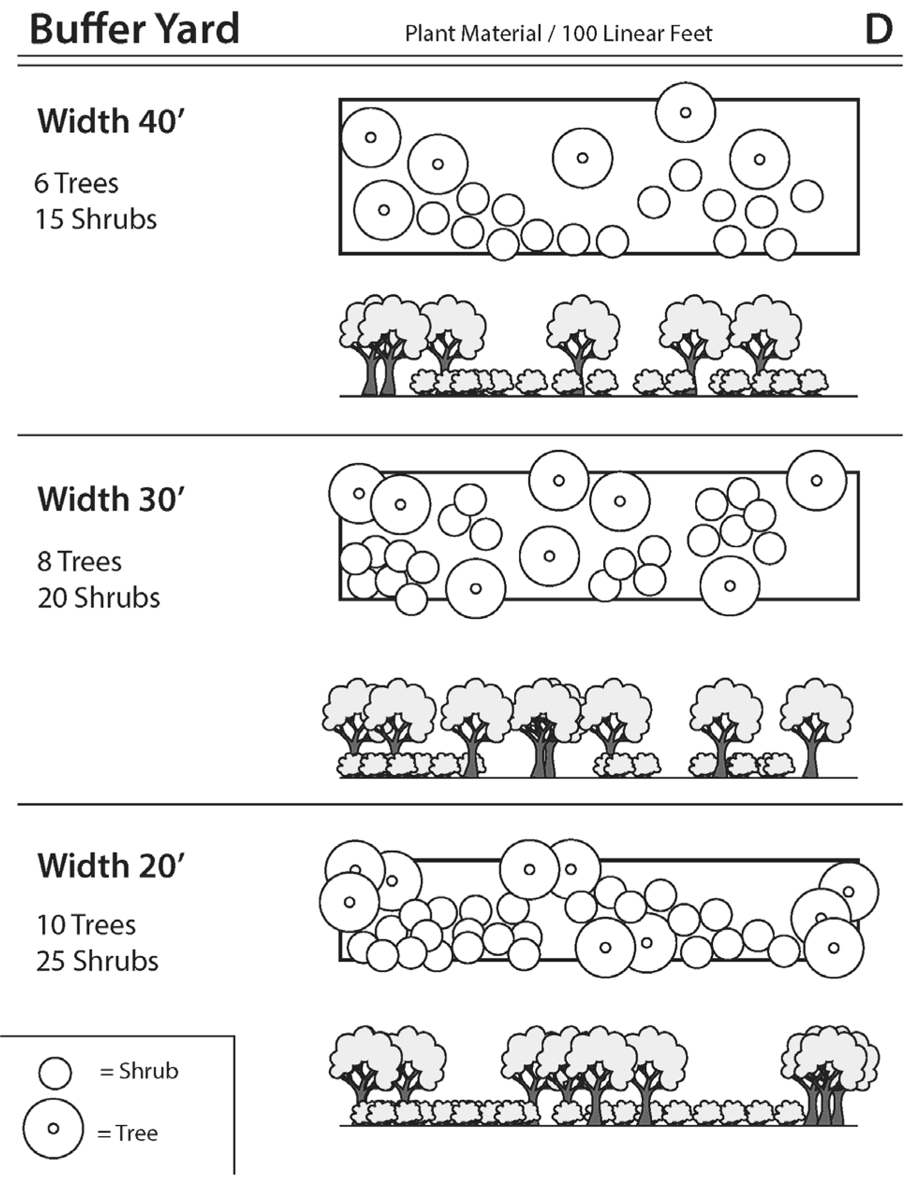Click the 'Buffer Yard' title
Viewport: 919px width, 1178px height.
tap(134, 29)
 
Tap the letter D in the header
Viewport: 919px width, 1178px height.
tap(879, 30)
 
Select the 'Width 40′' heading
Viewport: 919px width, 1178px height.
tap(111, 121)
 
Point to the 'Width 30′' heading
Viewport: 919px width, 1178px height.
tap(111, 499)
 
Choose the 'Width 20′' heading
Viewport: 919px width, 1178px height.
tap(111, 866)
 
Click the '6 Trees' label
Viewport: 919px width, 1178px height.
tap(76, 184)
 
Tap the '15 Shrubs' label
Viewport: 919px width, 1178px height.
tap(96, 220)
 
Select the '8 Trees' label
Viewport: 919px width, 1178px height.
tap(79, 561)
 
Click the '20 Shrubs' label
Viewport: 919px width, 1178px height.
tap(99, 597)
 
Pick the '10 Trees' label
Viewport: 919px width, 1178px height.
tap(86, 925)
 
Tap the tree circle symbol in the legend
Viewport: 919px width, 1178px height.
tap(53, 1128)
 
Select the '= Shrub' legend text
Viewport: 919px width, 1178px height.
tap(139, 1071)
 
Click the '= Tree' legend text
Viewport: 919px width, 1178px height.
tap(128, 1133)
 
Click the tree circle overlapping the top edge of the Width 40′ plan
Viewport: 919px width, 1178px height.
tap(685, 113)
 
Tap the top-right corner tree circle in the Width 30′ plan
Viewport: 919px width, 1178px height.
tap(816, 480)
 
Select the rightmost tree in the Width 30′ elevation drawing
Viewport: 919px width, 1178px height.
tap(816, 728)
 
